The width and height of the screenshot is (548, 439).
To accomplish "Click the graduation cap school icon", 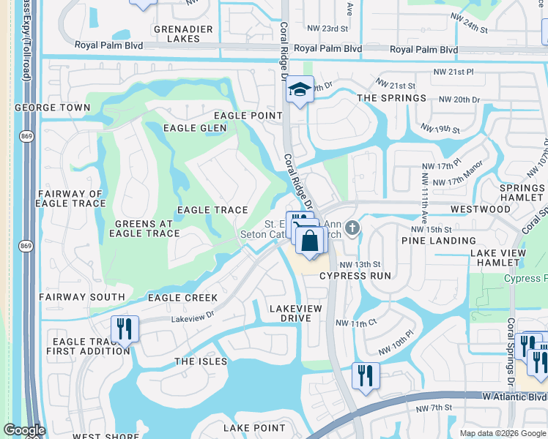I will coord(300,89).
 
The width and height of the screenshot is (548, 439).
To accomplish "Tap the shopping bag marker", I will coord(311,241).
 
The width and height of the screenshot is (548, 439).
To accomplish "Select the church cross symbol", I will coord(352,228).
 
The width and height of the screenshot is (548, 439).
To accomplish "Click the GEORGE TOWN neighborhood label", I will coord(53,108).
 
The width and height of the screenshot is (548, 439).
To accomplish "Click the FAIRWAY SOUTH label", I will coord(82,297).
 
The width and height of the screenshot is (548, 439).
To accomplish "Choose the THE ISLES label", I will coord(201,361).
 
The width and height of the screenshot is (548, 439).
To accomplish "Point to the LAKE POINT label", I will coord(254,428).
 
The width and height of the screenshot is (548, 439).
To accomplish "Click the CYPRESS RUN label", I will coord(355,276).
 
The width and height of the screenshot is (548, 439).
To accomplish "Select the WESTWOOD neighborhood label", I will coord(480,209).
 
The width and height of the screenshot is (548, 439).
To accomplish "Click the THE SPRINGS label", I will coord(391,98).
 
